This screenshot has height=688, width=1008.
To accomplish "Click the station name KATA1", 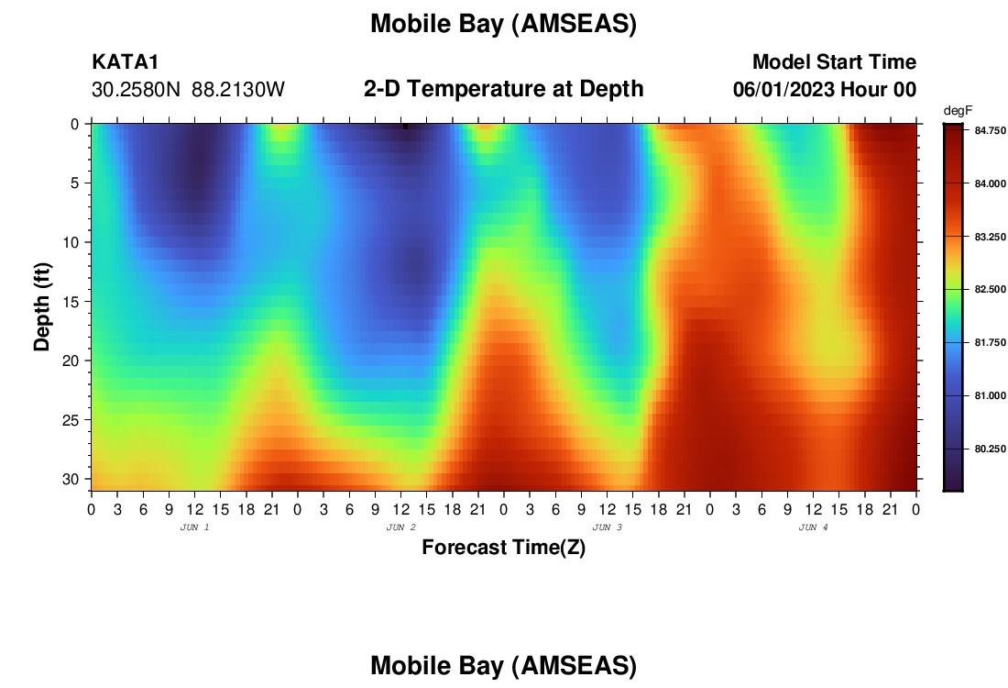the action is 126,61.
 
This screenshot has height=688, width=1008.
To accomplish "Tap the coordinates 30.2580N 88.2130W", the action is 188,89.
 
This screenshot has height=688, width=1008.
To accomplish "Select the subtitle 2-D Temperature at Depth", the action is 503,88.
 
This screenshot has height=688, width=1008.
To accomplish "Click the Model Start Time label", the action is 834,61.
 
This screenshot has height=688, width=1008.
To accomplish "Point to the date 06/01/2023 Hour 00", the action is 824,89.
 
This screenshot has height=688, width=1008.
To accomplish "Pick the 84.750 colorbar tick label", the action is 990,130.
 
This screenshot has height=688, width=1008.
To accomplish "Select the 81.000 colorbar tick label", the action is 990,395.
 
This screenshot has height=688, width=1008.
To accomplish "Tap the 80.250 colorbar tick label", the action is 990,449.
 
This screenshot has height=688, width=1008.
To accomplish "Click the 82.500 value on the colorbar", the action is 990,290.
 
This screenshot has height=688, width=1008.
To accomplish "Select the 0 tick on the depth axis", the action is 74,124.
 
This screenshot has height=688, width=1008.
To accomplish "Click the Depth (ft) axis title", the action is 42,307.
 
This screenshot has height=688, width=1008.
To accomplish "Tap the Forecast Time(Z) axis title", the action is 503,547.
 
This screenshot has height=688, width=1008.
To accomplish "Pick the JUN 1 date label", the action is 194,527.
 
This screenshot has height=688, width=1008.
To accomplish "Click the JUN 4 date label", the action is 813,527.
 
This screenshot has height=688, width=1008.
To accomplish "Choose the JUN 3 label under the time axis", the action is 607,527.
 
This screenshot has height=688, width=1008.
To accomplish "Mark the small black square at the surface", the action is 406,127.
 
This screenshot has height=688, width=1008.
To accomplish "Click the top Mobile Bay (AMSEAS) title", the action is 503,24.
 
